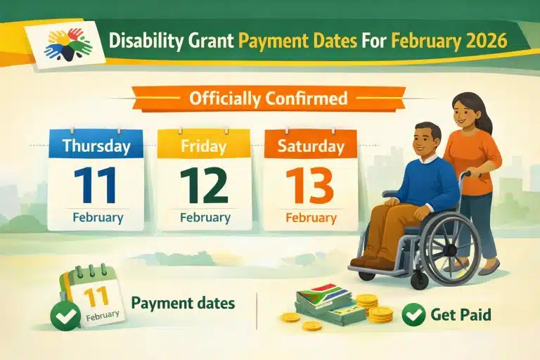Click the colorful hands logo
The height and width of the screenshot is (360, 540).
click(68, 44)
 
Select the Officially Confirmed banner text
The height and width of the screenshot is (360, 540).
click(268, 98)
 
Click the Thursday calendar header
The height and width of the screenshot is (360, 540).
click(96, 146)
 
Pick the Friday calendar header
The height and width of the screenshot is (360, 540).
click(204, 146)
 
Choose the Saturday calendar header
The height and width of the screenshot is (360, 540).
click(310, 146)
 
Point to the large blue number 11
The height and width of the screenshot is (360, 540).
click(96, 184)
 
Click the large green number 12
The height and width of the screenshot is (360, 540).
click(204, 184)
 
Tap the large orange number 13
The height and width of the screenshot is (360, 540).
click(310, 184)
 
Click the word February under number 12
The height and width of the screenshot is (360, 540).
click(204, 217)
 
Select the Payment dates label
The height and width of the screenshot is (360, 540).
click(184, 303)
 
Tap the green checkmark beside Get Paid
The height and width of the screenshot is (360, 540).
click(413, 314)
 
